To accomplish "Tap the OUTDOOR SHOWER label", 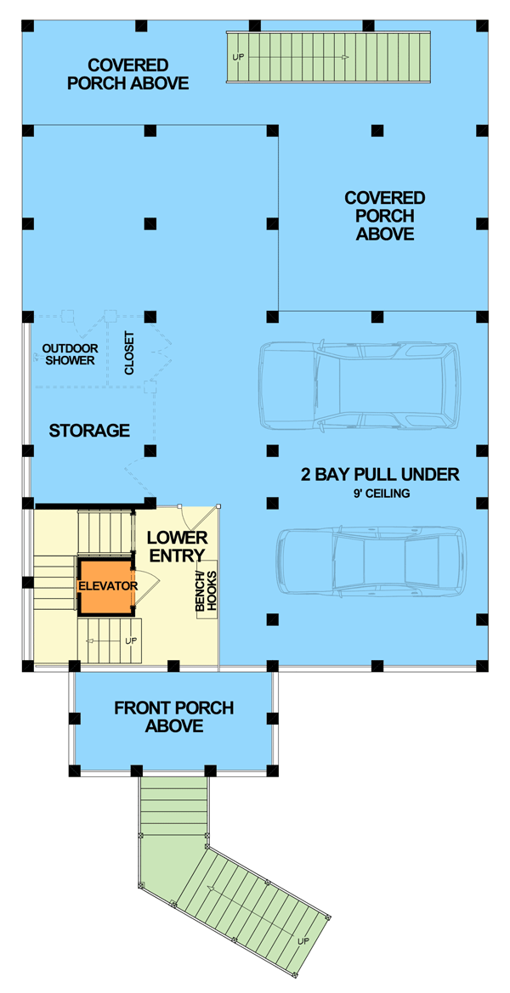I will click(x=70, y=354).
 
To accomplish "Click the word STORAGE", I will click(x=89, y=431).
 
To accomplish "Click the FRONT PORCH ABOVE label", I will click(x=173, y=717).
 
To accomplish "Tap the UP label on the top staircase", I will click(x=237, y=57).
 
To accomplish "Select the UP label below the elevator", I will click(x=131, y=640).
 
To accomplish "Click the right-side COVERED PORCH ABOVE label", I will click(x=384, y=216).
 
